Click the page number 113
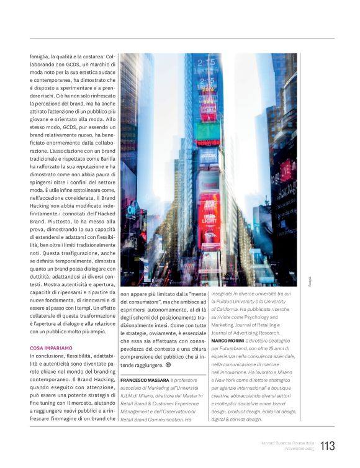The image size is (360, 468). pos(328,446)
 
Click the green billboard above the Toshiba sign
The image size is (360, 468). pos(207,130)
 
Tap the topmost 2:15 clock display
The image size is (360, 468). pos(206,63)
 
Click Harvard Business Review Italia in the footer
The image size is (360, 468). pos(287,443)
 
